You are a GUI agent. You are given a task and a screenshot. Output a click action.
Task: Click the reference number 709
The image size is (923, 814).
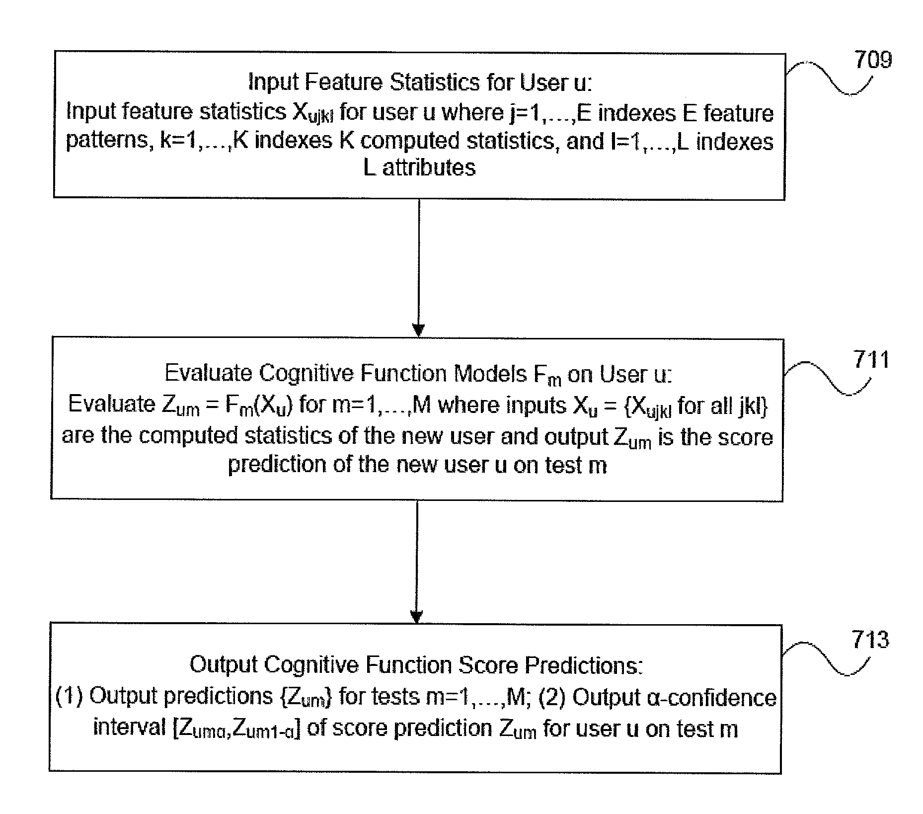click(873, 60)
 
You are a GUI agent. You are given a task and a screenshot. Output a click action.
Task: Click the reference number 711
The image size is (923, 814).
click(871, 359)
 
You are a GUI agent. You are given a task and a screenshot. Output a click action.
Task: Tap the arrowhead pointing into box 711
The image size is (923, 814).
click(419, 330)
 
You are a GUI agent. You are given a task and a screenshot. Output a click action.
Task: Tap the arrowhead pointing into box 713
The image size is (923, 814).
click(417, 616)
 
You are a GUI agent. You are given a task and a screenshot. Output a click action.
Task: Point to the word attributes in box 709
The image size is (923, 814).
click(429, 167)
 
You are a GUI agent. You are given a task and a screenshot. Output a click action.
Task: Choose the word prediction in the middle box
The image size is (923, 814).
click(277, 465)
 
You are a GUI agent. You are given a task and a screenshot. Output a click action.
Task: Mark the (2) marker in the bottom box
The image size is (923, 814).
click(552, 697)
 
